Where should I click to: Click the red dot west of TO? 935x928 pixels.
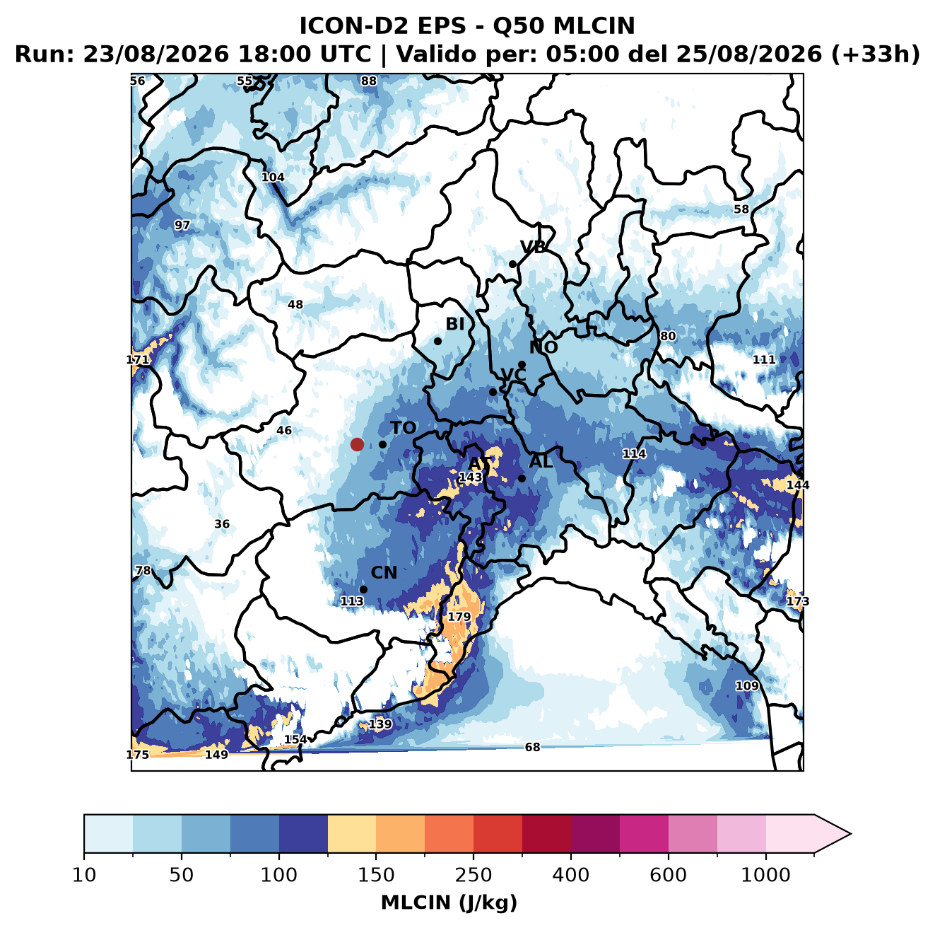357,444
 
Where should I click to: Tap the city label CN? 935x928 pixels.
383,573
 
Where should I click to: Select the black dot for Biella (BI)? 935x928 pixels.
437,341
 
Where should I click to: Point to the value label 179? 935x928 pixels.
459,617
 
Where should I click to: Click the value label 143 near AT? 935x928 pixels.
470,477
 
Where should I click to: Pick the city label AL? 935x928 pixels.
541,461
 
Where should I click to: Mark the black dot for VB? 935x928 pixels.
512,264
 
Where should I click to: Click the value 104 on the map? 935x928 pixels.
273,178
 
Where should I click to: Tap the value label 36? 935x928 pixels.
222,524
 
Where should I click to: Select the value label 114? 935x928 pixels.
634,453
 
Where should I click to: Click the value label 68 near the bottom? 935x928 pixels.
532,748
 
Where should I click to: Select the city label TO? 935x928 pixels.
404,428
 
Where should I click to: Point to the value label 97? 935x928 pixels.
182,226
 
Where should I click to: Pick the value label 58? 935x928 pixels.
741,209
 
